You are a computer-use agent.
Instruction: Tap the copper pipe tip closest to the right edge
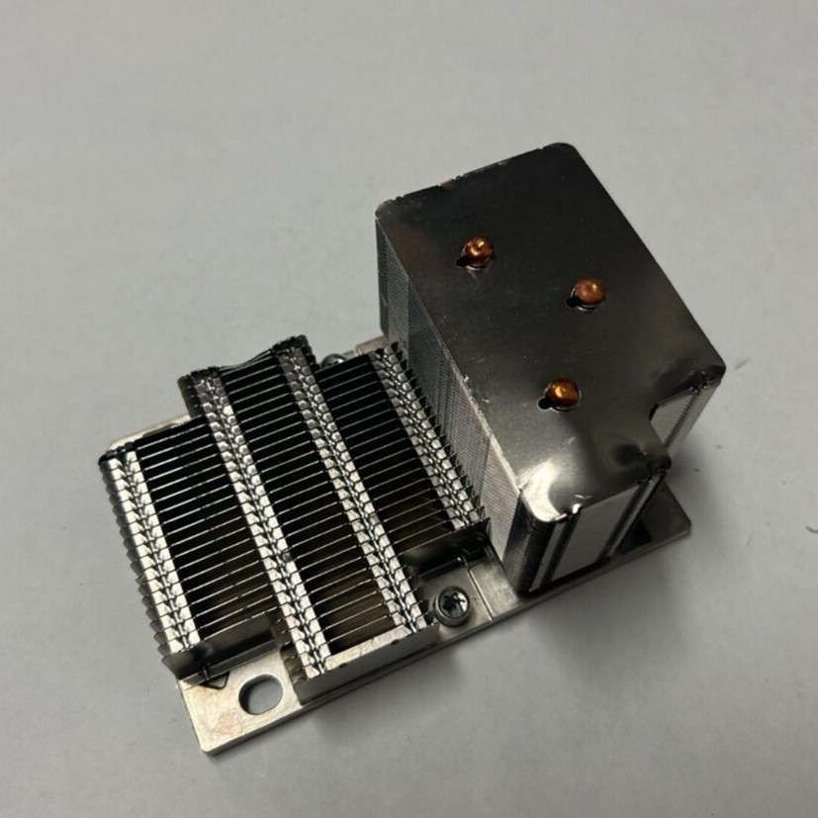(588, 291)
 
